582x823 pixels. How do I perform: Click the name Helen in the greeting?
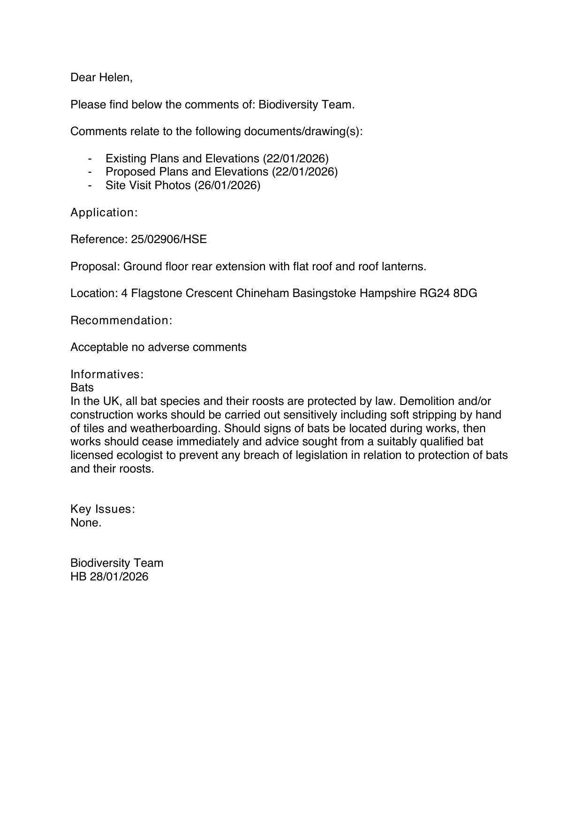click(115, 77)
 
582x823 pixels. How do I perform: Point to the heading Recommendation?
click(121, 320)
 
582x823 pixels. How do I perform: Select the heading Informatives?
click(106, 374)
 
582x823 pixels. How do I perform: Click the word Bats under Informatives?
click(82, 388)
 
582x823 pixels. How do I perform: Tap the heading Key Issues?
click(103, 509)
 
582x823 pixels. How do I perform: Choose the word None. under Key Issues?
click(86, 523)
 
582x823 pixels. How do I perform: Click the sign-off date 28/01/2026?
click(119, 577)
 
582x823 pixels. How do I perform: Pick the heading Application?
click(104, 213)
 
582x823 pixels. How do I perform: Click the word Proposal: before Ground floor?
click(95, 267)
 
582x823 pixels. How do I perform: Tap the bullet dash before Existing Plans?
click(90, 158)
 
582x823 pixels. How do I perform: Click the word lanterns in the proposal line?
click(406, 267)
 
